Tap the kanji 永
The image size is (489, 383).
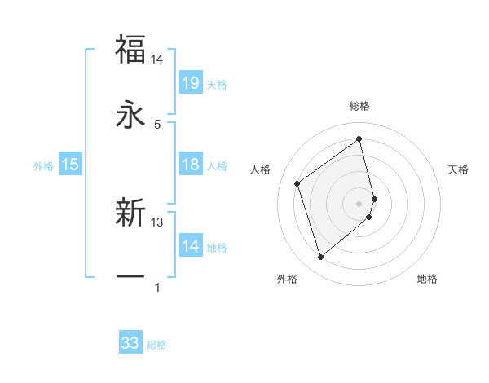(130, 115)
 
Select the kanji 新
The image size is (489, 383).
(130, 211)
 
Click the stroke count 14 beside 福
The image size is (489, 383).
(157, 59)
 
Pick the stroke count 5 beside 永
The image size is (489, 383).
(157, 125)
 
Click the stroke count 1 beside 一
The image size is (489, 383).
(157, 288)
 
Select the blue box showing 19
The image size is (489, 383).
(191, 83)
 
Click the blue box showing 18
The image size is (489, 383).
(191, 165)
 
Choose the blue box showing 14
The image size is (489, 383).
(191, 246)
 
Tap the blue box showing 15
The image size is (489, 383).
(70, 165)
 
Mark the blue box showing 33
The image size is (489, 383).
(130, 343)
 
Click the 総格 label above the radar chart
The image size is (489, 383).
(359, 106)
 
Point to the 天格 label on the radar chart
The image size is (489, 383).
(458, 169)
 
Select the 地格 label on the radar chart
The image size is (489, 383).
(427, 279)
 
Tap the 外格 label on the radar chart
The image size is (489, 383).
(287, 279)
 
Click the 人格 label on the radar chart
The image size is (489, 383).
(261, 169)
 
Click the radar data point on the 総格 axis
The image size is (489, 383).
(359, 139)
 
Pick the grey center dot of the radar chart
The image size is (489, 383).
(359, 202)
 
